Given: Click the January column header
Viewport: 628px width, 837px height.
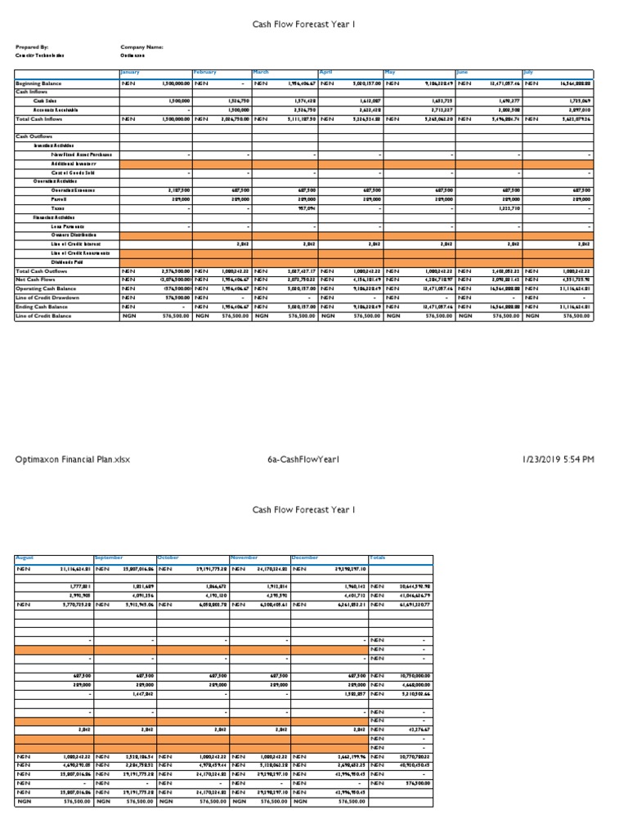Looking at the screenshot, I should [x=131, y=73].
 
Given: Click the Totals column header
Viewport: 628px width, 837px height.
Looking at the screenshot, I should [x=378, y=558].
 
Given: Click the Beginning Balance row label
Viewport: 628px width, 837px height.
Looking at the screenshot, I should [x=39, y=83].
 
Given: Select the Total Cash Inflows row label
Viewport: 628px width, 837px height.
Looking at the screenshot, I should [x=40, y=119].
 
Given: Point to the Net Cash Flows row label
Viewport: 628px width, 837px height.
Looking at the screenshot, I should [x=34, y=280].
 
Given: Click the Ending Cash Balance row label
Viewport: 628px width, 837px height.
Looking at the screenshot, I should [x=42, y=306].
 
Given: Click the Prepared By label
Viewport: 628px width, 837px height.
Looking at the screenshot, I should [x=32, y=47].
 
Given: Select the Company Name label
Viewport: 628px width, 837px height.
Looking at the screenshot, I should [x=141, y=47].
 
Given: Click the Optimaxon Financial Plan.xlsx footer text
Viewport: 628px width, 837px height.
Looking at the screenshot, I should [x=73, y=460].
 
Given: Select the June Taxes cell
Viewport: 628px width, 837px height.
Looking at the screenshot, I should [x=491, y=208].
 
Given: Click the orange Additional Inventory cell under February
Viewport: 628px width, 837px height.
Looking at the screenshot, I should [x=221, y=163].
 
